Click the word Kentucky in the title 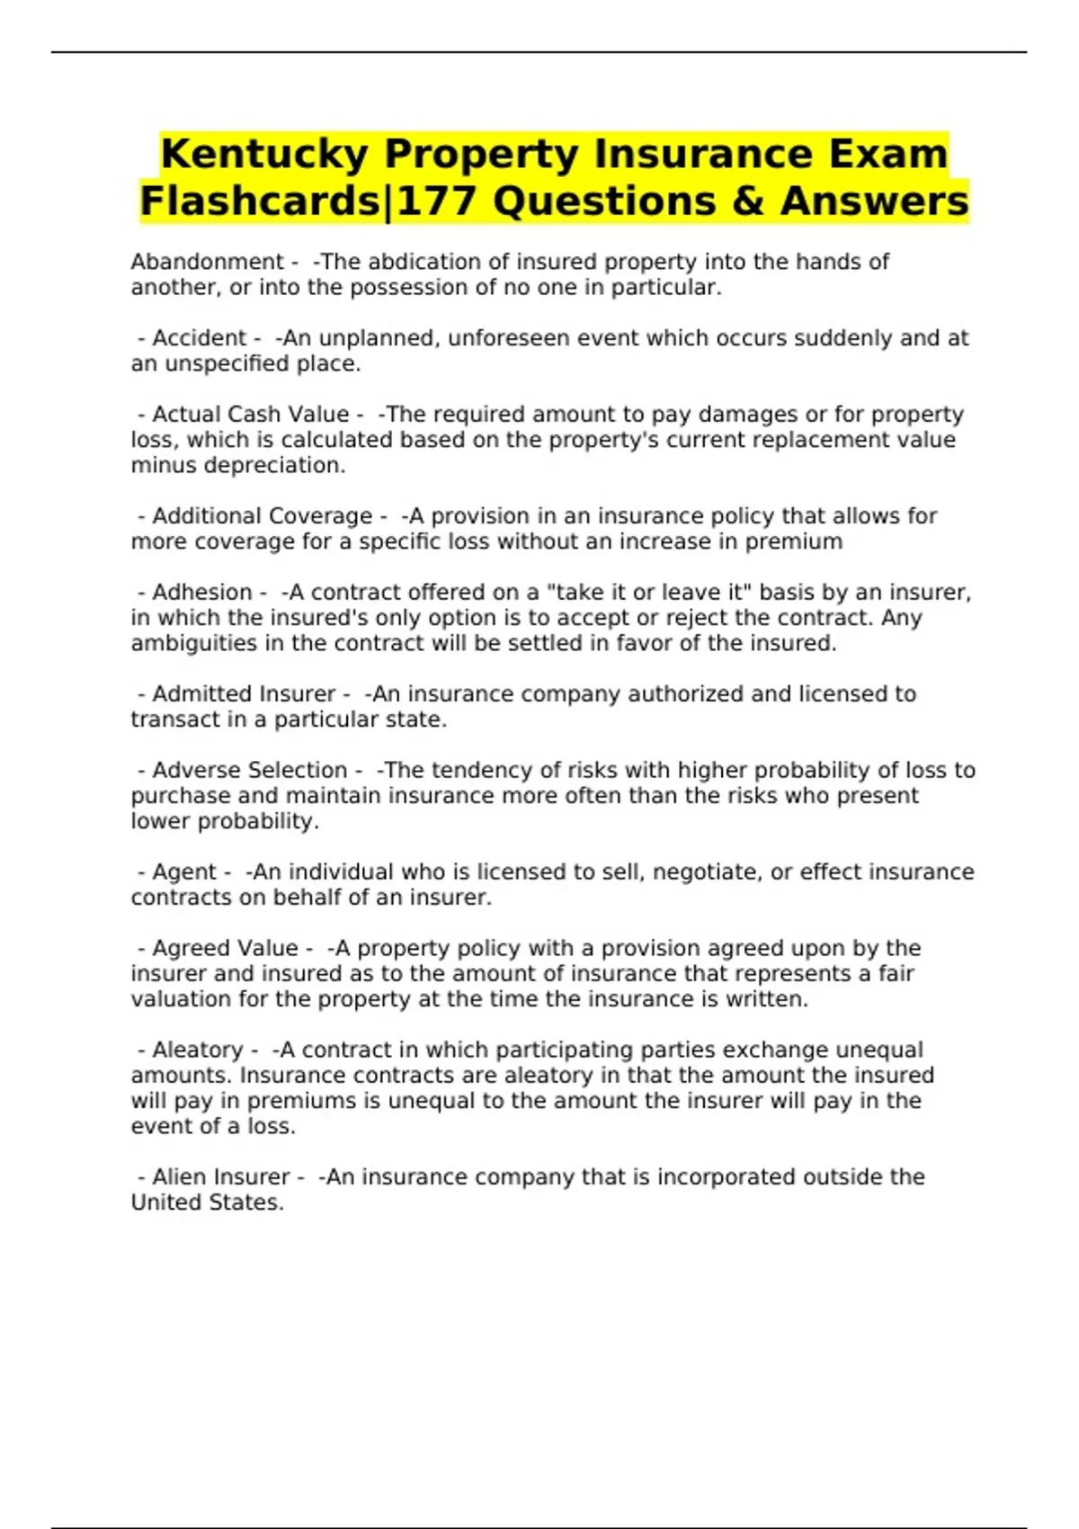click(263, 154)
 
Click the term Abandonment click(207, 262)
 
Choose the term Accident click(198, 338)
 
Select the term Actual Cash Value click(250, 415)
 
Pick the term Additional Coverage click(262, 516)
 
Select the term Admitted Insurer click(244, 694)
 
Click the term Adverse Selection click(249, 771)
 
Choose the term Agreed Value click(225, 949)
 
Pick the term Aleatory click(197, 1051)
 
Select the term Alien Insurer click(220, 1177)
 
